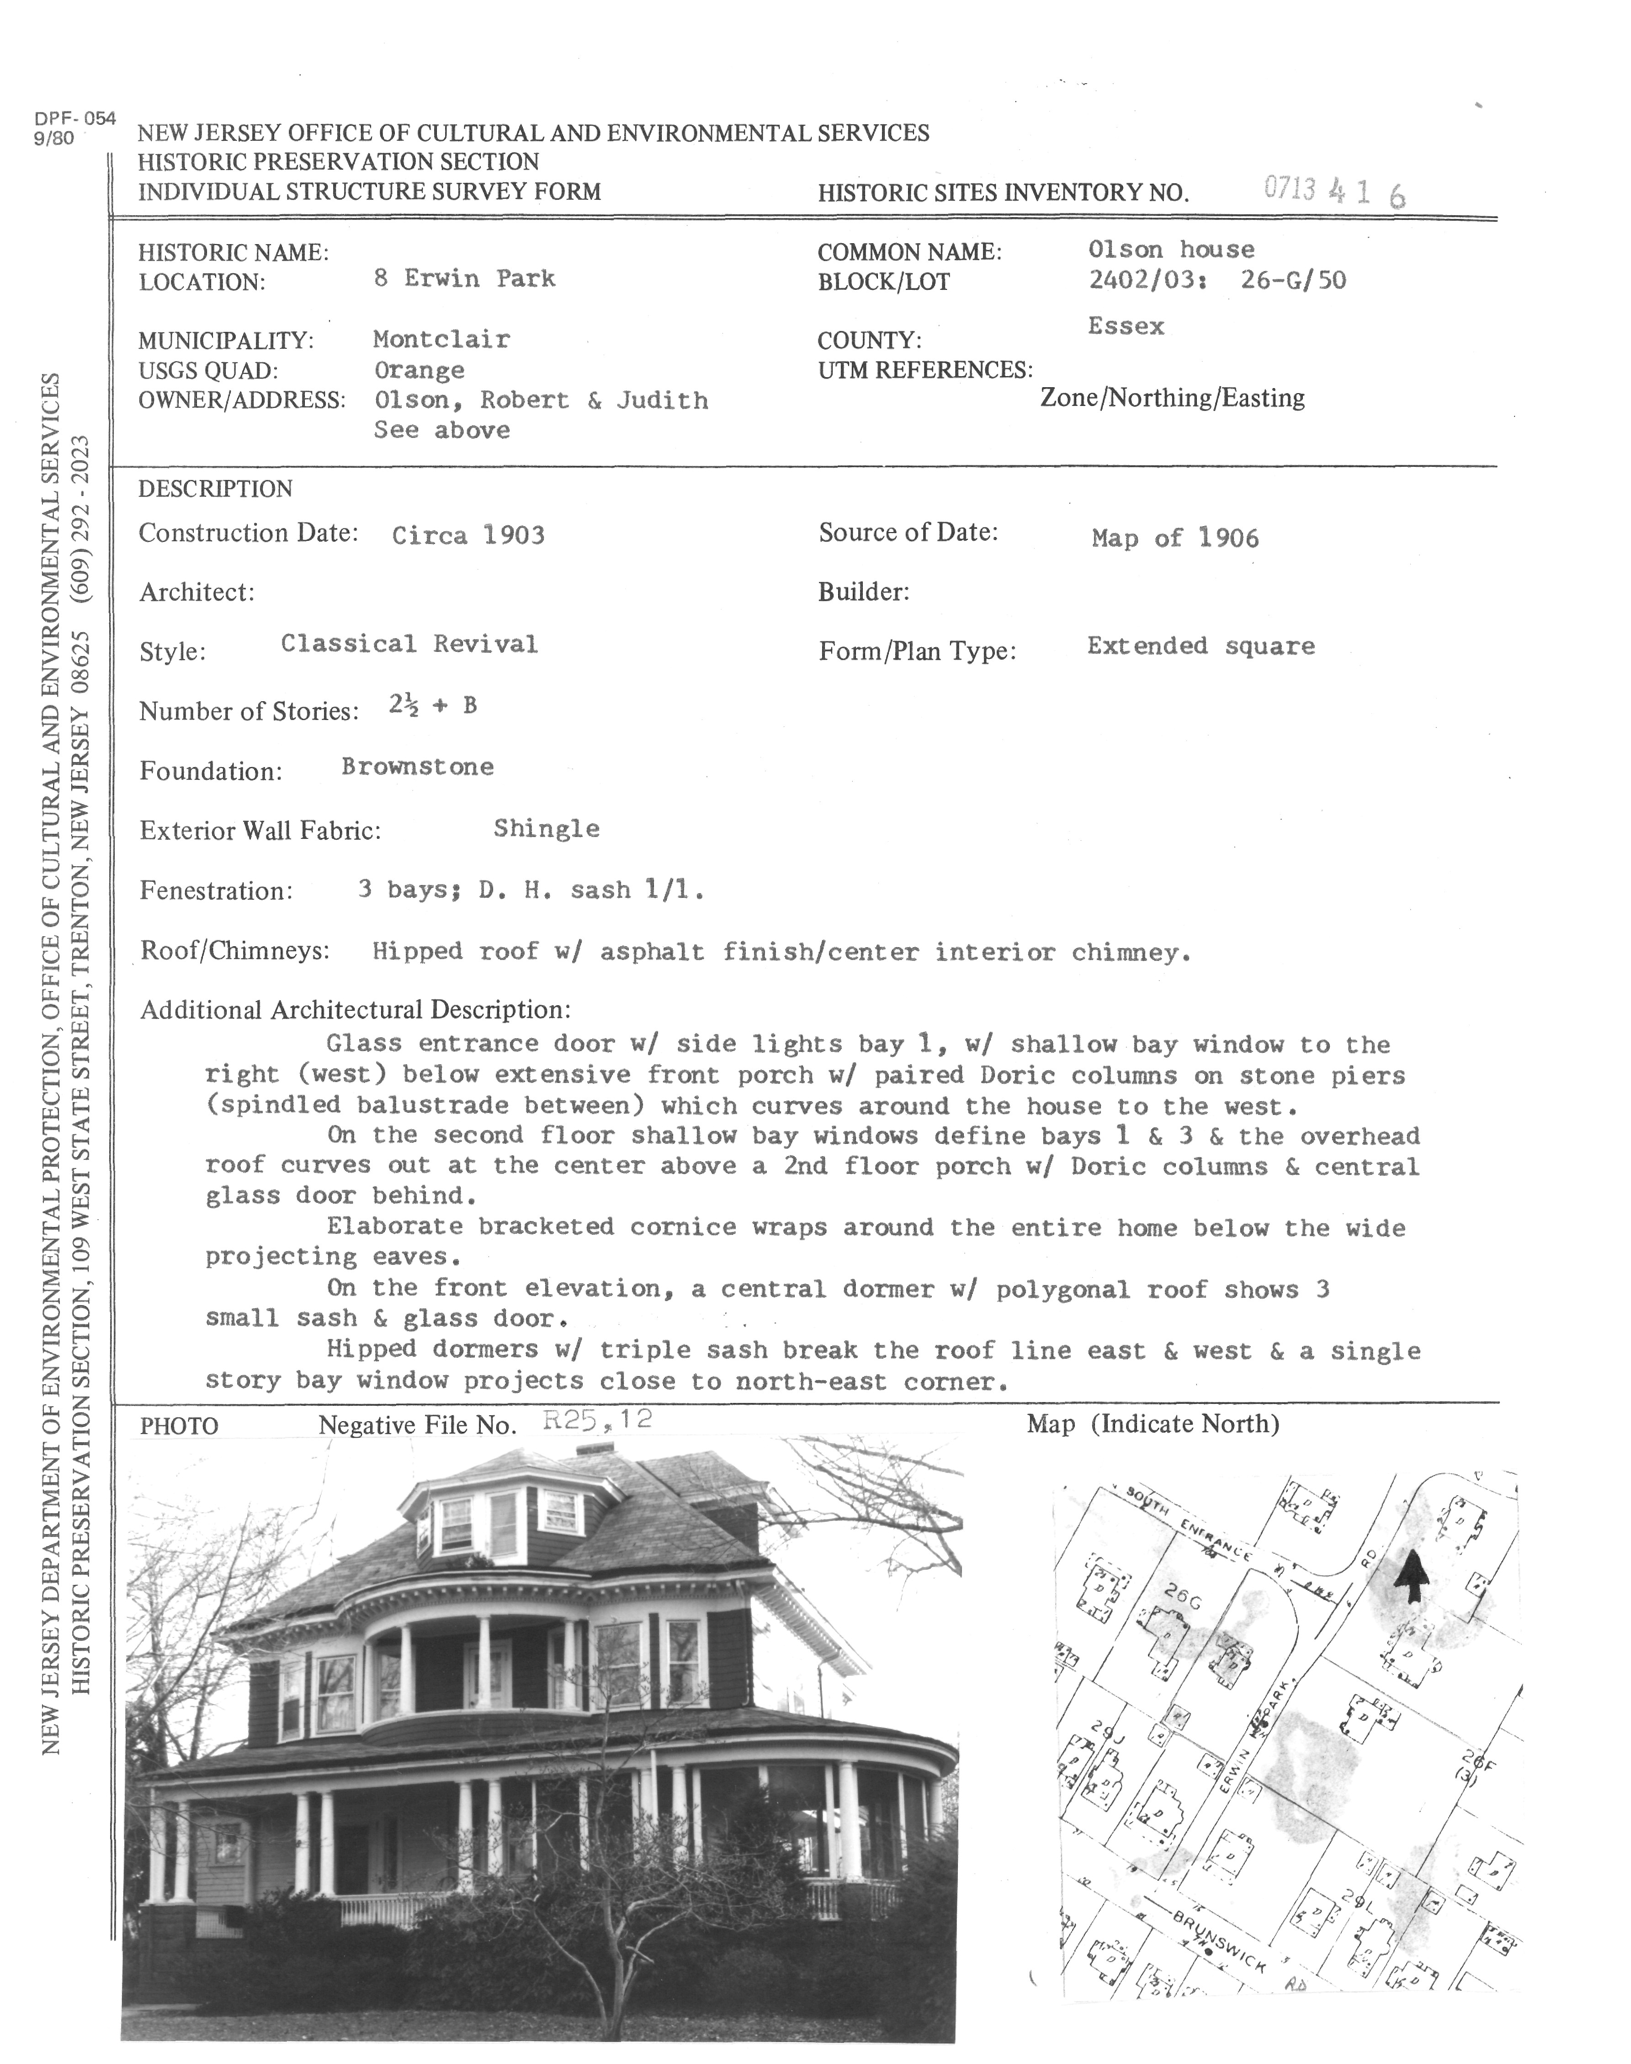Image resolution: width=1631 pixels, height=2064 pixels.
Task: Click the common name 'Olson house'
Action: [x=1171, y=250]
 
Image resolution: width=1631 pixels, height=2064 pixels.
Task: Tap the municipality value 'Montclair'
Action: [x=441, y=339]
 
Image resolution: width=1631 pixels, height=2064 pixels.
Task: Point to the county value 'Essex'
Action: [x=1126, y=327]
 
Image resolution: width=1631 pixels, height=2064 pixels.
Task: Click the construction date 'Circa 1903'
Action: [x=468, y=535]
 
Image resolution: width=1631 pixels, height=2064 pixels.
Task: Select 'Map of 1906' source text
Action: [x=1174, y=539]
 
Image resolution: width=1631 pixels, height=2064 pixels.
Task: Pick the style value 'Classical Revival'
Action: [x=409, y=645]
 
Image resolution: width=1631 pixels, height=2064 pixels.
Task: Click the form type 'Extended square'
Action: [x=1201, y=646]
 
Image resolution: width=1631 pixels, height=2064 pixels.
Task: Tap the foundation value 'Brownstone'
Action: [x=417, y=767]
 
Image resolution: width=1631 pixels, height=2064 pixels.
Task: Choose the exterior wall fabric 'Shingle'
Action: [x=546, y=829]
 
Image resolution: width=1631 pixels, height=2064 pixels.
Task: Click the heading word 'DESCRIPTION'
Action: [x=215, y=489]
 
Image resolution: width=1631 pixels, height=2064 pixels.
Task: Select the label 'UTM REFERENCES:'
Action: [x=924, y=371]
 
